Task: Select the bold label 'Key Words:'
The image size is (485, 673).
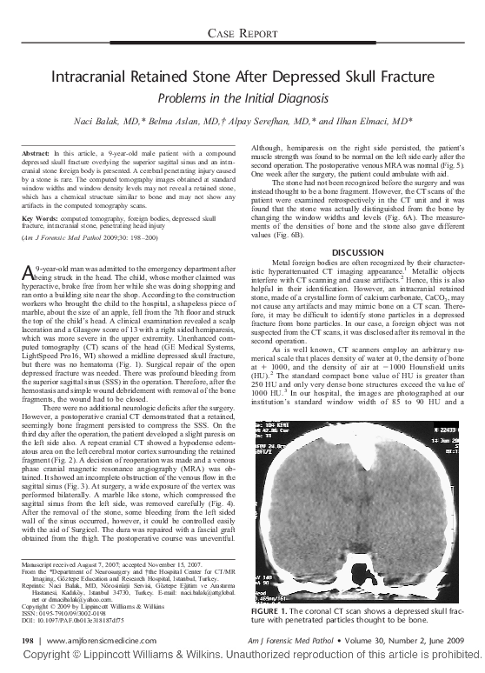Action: coord(39,217)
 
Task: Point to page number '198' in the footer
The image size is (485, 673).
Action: coord(27,639)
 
